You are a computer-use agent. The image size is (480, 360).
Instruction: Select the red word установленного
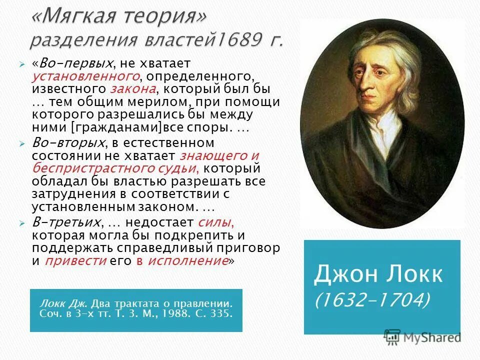point(85,76)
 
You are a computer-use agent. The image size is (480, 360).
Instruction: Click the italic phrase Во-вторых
point(62,142)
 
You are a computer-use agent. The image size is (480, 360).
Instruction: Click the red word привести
point(76,260)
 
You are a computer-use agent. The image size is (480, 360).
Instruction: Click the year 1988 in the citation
point(171,315)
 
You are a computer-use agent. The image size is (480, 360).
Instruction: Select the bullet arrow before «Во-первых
point(22,64)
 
